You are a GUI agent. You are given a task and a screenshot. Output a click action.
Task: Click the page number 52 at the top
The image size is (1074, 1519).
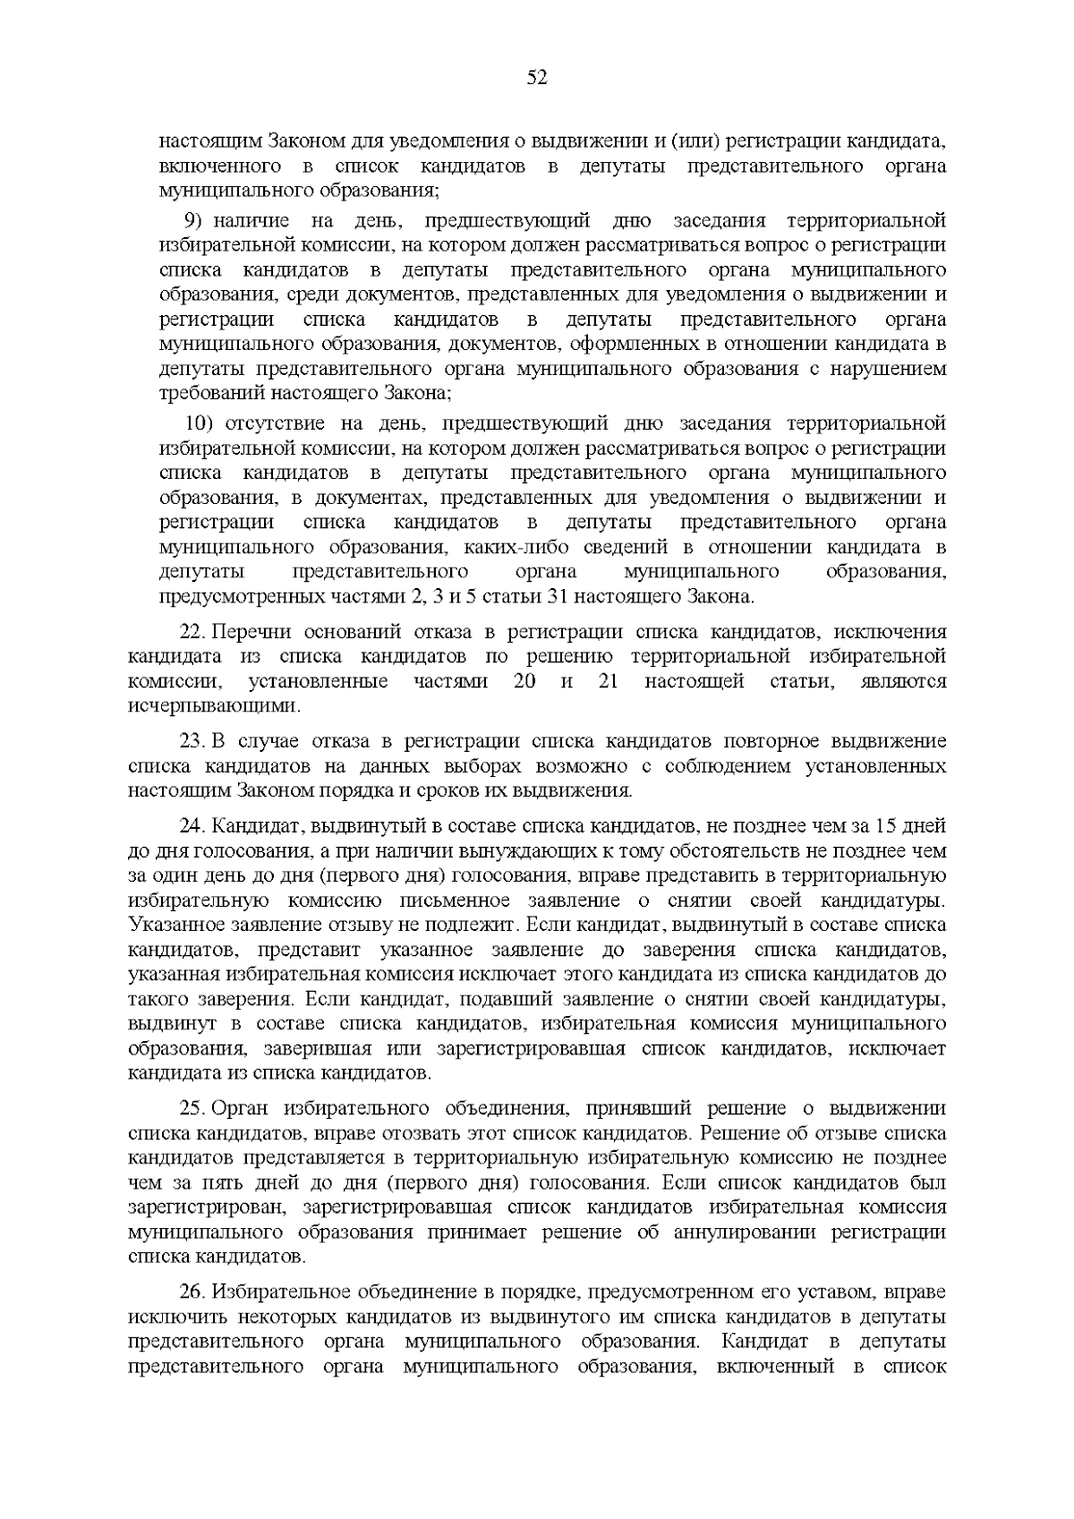[x=537, y=78]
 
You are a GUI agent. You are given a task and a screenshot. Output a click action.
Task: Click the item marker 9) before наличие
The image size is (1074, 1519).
[x=194, y=221]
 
